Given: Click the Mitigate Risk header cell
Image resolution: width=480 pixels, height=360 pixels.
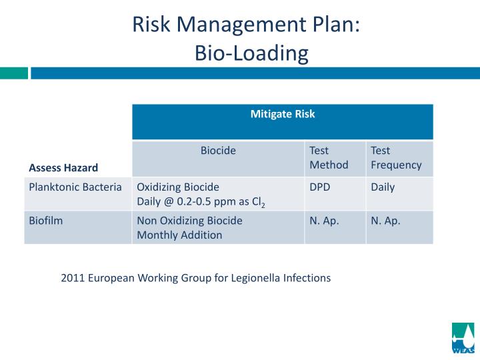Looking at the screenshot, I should click(283, 114).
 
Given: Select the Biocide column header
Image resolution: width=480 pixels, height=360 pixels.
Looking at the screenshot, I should click(218, 151).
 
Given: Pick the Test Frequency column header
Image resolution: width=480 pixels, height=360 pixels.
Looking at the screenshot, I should click(396, 157).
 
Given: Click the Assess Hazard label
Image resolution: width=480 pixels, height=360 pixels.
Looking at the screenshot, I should click(63, 167).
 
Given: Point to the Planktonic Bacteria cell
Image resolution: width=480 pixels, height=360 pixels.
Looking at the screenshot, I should click(75, 187).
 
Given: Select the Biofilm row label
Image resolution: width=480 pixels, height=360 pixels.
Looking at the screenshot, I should click(46, 221).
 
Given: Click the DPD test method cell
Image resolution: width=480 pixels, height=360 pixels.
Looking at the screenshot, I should click(319, 187).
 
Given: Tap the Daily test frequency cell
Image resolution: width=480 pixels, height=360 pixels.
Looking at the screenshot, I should click(383, 187).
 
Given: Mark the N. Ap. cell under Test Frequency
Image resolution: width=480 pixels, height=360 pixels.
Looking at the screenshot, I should click(385, 221).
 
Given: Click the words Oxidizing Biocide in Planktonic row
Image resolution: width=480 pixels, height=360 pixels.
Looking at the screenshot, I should click(178, 187).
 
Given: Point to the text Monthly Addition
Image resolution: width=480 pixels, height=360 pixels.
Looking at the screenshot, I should click(179, 235).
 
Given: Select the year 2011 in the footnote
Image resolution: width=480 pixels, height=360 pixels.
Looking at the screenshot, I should click(72, 278).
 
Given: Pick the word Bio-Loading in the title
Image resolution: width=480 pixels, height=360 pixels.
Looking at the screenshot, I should click(251, 53).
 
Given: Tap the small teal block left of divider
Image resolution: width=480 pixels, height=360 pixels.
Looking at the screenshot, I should click(13, 73).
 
